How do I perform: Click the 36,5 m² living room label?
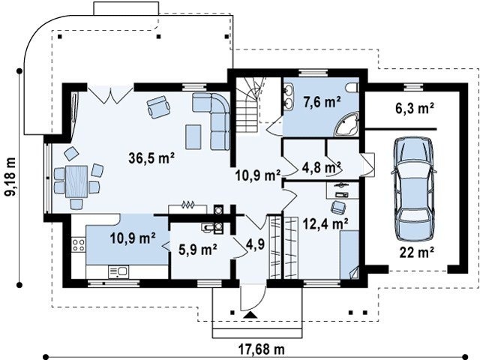(x=151, y=158)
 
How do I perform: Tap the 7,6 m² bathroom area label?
(x=322, y=102)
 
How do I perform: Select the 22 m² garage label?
(x=417, y=253)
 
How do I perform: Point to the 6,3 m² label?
(x=415, y=108)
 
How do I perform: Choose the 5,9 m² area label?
(x=198, y=250)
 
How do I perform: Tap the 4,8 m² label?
(x=322, y=167)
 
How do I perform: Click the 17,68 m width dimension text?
(x=261, y=348)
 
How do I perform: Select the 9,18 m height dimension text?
(x=10, y=177)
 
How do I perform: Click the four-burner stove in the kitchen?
(x=78, y=245)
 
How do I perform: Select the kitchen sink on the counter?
(x=118, y=271)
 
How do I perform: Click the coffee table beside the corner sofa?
(x=193, y=136)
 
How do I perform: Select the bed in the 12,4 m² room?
(x=349, y=255)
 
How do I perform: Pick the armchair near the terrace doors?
(x=158, y=106)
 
